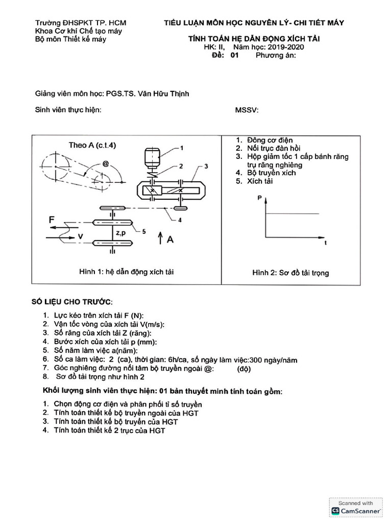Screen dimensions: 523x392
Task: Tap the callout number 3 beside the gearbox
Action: [205, 166]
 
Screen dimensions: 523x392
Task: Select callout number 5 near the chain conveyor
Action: [144, 231]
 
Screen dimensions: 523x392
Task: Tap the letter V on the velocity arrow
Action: [80, 236]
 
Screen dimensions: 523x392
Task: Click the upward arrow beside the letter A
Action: [160, 238]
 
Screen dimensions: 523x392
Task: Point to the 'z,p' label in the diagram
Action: [122, 233]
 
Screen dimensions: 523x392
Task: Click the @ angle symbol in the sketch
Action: [106, 164]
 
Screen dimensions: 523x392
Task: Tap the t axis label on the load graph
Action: [325, 244]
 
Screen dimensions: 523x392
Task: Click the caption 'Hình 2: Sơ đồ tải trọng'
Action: [290, 273]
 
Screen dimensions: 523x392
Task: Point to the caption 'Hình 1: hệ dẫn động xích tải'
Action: [126, 272]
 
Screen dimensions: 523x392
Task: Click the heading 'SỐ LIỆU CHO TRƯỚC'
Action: [72, 302]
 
